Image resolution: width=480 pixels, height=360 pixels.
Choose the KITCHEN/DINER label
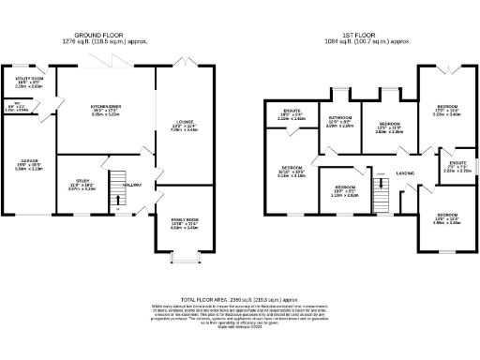(x=100, y=110)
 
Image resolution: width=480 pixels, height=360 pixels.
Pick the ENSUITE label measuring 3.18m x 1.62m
(x=292, y=116)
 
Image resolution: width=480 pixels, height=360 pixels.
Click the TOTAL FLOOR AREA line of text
(x=240, y=295)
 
